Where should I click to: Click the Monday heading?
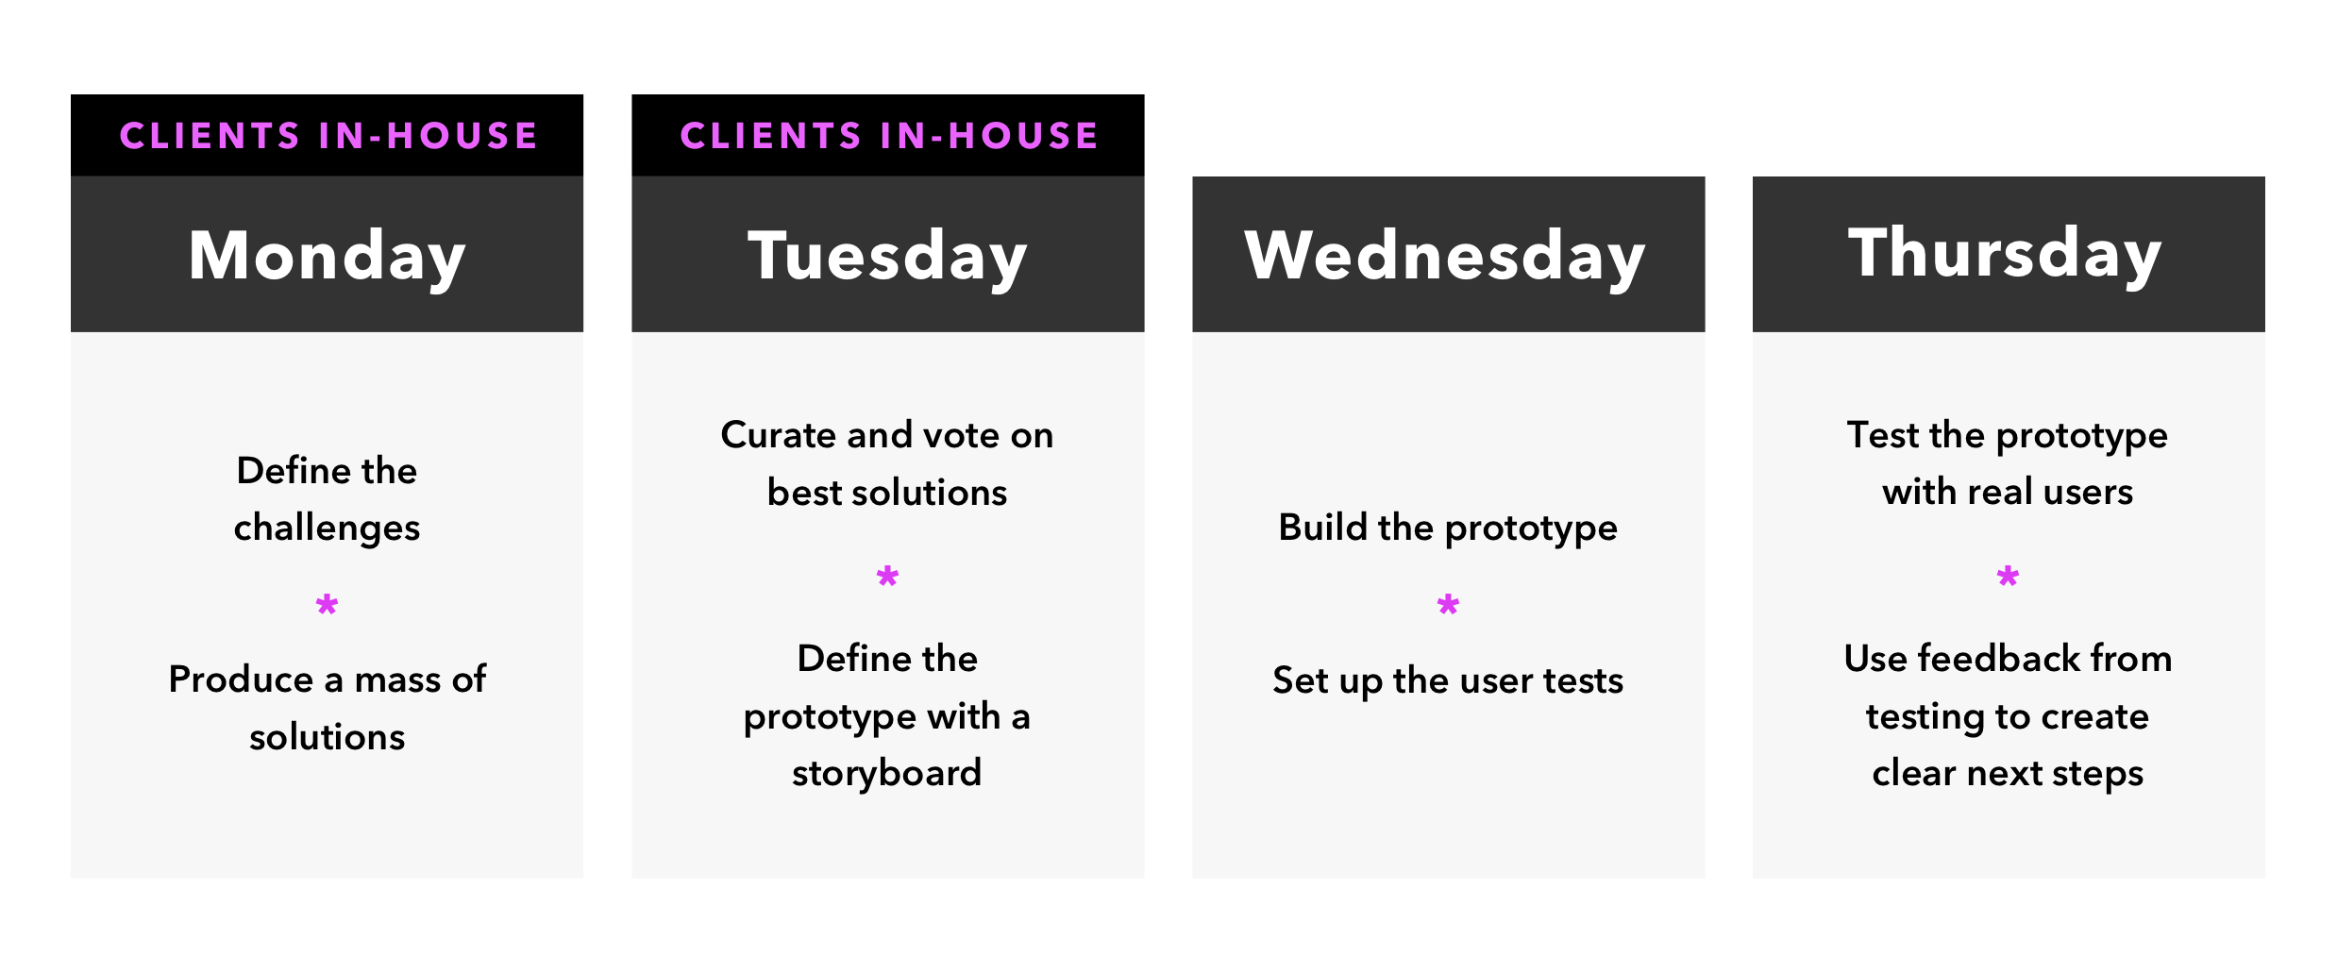(x=327, y=256)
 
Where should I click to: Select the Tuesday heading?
(x=887, y=256)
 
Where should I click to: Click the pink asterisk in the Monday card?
(x=327, y=605)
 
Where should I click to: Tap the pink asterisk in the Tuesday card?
(x=887, y=577)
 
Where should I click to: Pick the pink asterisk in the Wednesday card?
(x=1448, y=605)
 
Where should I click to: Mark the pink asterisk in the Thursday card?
(x=2008, y=577)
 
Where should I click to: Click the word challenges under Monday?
(x=327, y=528)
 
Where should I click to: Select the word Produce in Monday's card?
(x=241, y=679)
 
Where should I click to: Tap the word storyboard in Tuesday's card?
(x=887, y=773)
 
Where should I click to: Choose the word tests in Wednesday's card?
(x=1581, y=680)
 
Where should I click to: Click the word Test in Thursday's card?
(x=1883, y=435)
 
